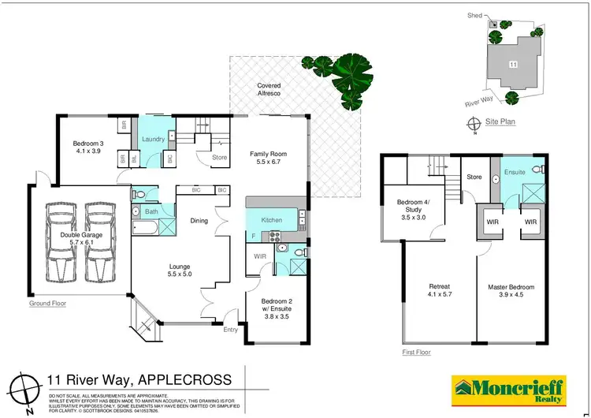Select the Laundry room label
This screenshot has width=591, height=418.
coord(153,140)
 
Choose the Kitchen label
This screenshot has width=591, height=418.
coord(271,219)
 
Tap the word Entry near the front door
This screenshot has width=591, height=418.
coord(230,330)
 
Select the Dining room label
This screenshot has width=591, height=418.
coord(199,221)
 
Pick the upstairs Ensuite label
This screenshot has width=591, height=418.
coord(515,171)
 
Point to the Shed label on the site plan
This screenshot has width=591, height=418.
coord(474,14)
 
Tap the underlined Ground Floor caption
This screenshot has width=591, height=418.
coord(46,303)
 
